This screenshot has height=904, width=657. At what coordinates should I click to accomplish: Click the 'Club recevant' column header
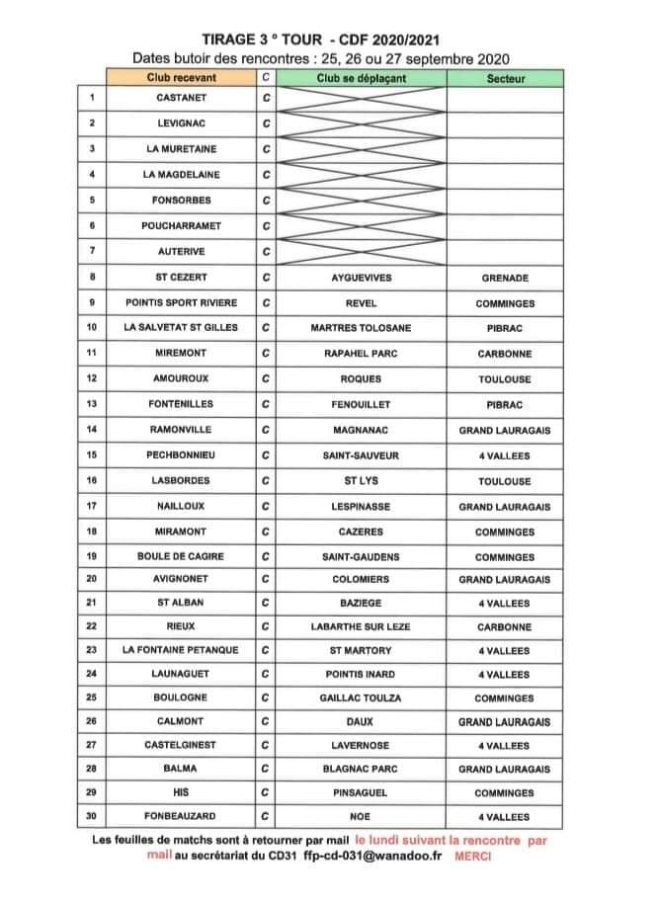181,78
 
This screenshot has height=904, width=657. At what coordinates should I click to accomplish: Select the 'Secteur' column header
506,78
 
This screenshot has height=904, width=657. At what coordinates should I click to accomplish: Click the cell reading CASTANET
181,98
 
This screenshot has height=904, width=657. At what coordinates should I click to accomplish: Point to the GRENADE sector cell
505,278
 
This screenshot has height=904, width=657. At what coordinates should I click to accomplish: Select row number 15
91,455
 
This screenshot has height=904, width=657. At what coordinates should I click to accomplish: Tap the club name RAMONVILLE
181,430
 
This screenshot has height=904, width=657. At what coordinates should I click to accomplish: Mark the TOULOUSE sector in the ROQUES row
505,379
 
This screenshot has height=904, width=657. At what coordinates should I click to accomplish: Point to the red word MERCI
472,857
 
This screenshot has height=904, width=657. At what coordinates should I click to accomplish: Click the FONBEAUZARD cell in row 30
181,817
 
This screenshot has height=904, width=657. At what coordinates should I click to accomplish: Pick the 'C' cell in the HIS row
266,792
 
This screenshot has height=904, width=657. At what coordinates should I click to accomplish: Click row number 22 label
91,626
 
